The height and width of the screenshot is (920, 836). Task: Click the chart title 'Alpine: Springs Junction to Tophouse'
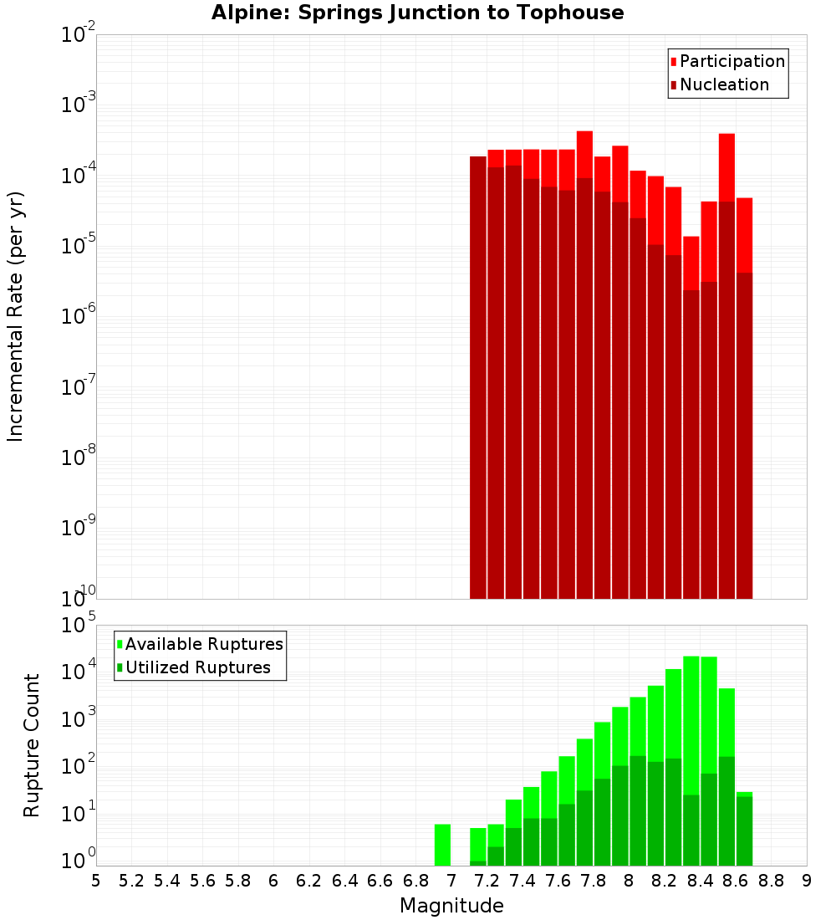pos(417,13)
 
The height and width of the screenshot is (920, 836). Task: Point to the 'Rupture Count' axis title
pos(32,745)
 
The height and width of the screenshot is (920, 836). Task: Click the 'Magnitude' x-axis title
pos(451,906)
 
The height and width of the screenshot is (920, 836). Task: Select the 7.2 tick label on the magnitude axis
pos(487,881)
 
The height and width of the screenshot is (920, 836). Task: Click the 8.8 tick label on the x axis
pos(771,881)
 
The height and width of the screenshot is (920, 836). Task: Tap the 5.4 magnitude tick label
pos(167,881)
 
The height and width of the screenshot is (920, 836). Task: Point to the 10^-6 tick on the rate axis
pos(79,316)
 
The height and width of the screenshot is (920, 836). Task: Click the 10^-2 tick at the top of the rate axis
pos(79,35)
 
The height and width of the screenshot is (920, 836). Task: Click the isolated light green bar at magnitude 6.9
pos(442,845)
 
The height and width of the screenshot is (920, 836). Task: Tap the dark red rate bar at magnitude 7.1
pos(478,376)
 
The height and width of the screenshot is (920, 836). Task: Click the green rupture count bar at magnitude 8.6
pos(744,828)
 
